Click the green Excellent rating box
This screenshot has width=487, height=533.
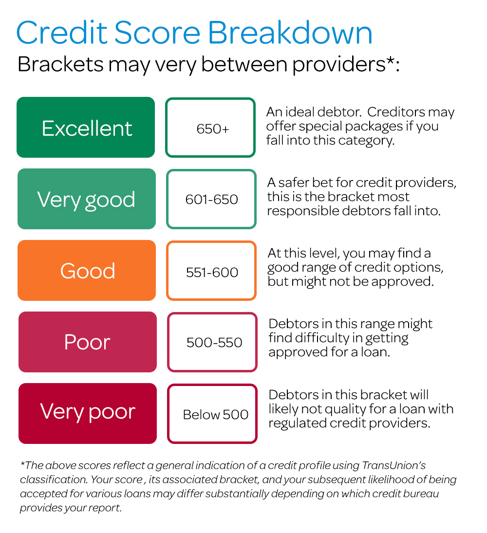tap(86, 127)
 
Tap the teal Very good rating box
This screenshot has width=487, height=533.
tap(87, 199)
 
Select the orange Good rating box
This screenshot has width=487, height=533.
tap(87, 271)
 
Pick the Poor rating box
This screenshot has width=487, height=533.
tap(87, 342)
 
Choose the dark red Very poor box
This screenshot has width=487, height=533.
tap(87, 413)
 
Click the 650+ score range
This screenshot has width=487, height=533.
tap(210, 128)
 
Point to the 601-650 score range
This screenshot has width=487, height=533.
tap(211, 199)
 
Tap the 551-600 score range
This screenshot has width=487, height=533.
tap(211, 271)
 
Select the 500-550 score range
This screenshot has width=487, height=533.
tap(212, 342)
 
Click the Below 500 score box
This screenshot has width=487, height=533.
tap(212, 413)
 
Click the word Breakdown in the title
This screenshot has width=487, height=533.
tap(290, 33)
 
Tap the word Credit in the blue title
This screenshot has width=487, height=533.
tap(62, 33)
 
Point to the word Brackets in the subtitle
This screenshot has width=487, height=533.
tap(60, 64)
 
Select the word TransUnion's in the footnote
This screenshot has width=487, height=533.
tap(394, 465)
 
